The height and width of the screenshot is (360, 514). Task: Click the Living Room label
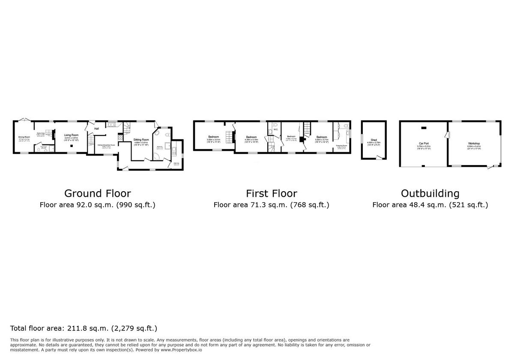pos(72,135)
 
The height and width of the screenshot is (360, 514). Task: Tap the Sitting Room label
pos(141,140)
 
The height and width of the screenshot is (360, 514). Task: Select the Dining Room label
pos(24,137)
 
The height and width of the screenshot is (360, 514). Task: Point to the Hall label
pos(97,129)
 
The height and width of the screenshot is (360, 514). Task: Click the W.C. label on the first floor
pos(276,129)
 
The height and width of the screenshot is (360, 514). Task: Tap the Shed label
pos(374,140)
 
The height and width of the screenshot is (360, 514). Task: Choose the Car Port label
pos(424,143)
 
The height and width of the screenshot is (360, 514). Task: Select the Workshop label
pos(473,143)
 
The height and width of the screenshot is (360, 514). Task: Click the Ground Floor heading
pos(97,193)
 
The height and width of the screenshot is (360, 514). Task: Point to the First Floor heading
pos(271,193)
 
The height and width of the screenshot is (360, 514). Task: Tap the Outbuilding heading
pos(430,193)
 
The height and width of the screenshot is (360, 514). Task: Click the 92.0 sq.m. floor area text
pos(97,205)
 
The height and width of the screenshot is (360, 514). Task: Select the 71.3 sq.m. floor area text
pos(271,205)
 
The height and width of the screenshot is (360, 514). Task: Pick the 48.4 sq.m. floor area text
pos(430,205)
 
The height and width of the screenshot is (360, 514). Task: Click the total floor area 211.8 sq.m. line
pos(84,329)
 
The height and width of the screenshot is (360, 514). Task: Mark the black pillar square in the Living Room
pos(72,146)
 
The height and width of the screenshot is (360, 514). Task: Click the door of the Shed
pos(378,158)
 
